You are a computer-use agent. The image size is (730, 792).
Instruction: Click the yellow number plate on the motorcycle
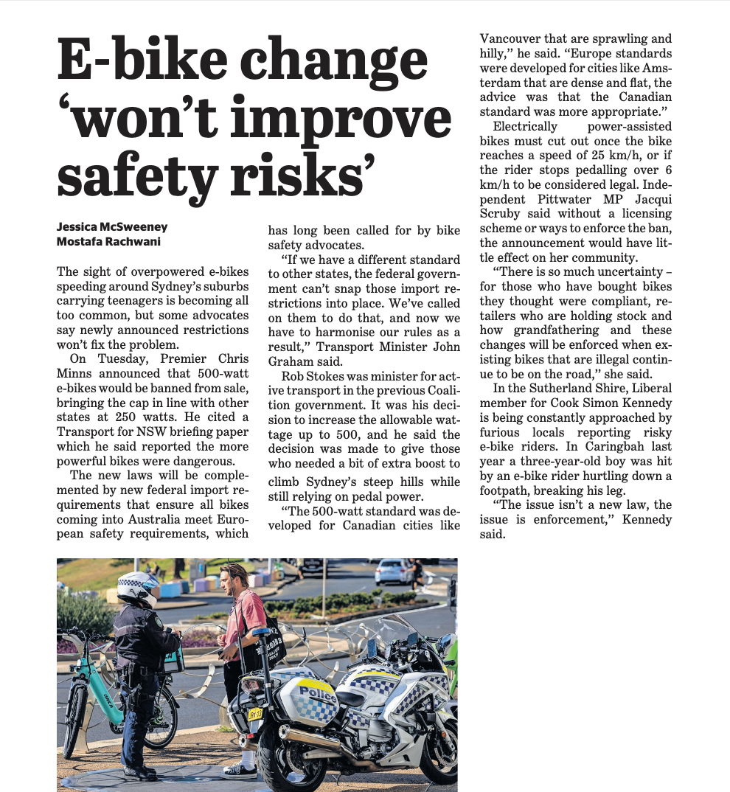tap(255, 713)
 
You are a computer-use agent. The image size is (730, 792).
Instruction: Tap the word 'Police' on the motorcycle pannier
tap(318, 694)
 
